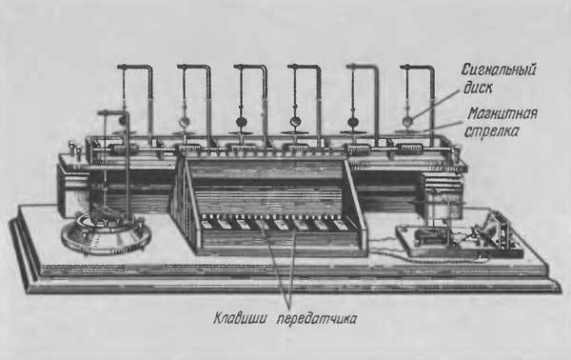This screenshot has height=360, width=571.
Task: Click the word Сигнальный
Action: coord(498,70)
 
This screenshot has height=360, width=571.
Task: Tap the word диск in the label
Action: coord(478,88)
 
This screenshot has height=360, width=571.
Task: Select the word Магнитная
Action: coord(502,114)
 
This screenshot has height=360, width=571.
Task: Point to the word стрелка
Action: coord(491,130)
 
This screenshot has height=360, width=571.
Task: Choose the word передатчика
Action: coord(317,319)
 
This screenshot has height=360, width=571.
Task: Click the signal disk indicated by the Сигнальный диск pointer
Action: coord(408,120)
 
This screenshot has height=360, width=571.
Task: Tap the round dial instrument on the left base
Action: coord(106,232)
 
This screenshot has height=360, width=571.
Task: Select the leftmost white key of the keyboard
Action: coord(209,224)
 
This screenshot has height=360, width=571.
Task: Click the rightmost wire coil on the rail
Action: coord(410,149)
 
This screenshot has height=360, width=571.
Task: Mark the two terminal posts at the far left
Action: coord(75,148)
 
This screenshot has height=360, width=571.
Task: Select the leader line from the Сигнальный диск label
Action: coord(436,105)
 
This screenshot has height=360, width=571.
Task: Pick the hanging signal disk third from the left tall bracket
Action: coord(241,122)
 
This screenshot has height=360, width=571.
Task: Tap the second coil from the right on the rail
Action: coord(359,149)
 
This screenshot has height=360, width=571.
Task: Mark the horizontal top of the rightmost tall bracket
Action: coord(416,68)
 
